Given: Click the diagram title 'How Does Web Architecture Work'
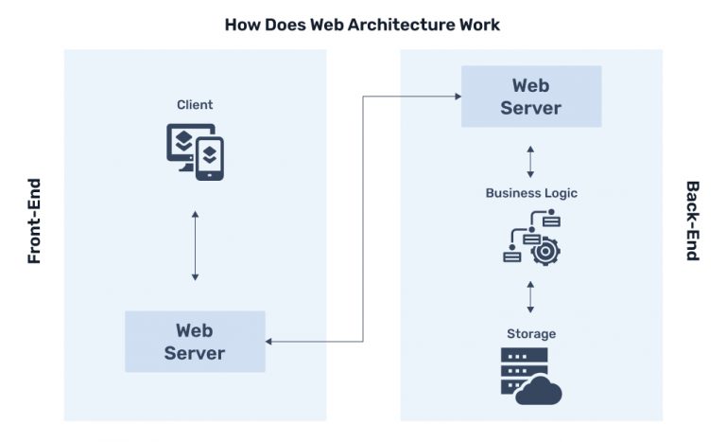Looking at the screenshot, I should click(362, 24).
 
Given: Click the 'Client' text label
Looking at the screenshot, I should click(195, 105).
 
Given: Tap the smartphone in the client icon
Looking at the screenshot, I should click(210, 158).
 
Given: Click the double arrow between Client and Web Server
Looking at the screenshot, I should click(195, 246).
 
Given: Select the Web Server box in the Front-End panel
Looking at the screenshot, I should click(195, 342).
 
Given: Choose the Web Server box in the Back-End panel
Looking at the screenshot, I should click(530, 97).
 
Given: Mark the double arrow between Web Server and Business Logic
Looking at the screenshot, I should click(530, 161).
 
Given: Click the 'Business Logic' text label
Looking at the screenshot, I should click(530, 193).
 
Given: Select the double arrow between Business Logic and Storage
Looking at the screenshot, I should click(530, 296).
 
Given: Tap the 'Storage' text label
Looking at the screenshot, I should click(530, 334).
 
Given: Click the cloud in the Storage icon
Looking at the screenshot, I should click(540, 389).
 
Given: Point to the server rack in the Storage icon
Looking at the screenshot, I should click(516, 370).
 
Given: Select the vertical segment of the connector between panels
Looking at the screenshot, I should click(364, 218).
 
